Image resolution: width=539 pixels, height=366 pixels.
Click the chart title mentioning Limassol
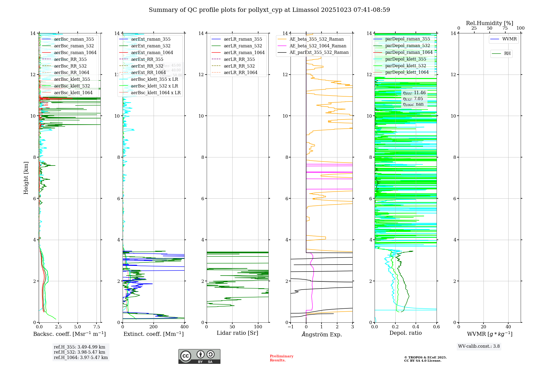coord(269,10)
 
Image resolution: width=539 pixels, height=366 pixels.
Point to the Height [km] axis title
coord(26,178)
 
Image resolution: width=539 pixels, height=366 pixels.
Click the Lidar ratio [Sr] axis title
coord(237,333)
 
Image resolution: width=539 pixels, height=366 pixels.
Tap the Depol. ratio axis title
coord(405,333)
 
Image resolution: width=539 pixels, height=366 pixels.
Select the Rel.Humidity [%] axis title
coord(489,23)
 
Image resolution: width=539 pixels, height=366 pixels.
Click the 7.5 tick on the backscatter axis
coord(97,327)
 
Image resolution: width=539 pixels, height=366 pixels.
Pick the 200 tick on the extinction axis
coord(153,327)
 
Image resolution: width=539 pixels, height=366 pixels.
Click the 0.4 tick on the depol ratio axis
coord(416,327)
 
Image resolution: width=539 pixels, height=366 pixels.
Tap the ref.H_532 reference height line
coord(80,352)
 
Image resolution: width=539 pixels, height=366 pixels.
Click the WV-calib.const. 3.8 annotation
coord(479,346)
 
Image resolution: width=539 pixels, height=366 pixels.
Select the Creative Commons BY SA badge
coord(199,356)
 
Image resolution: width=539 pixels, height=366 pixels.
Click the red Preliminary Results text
coord(281,358)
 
